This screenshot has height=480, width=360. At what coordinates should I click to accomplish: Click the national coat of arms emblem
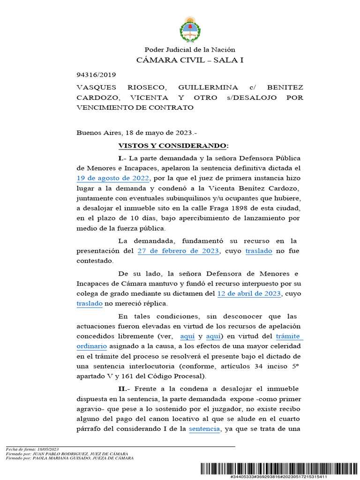(x=190, y=29)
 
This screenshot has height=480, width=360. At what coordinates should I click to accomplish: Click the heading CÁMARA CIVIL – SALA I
(x=190, y=60)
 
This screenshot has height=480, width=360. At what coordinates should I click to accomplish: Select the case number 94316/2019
(x=96, y=75)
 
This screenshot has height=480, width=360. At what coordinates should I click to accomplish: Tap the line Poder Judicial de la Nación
(x=190, y=50)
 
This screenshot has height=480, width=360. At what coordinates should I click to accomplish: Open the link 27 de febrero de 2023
(x=178, y=251)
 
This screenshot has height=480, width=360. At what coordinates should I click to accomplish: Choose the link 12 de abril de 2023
(x=249, y=294)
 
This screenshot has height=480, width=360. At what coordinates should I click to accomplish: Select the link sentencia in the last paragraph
(x=204, y=429)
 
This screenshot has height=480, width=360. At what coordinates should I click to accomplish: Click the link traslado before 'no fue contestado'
(x=259, y=251)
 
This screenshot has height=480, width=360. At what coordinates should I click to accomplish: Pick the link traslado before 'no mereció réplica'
(x=90, y=304)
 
